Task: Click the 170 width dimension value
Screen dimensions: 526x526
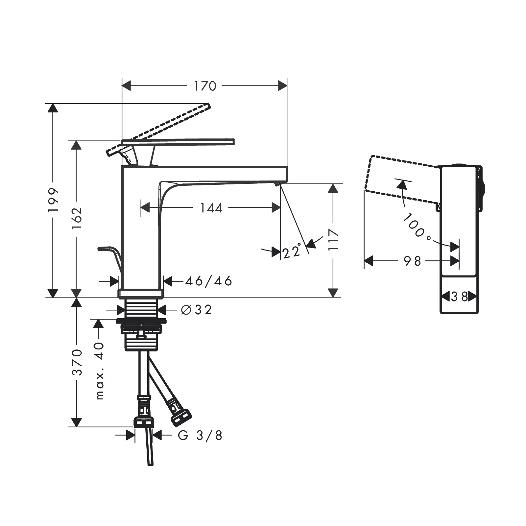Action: point(205,86)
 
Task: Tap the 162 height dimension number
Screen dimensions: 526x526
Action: point(77,218)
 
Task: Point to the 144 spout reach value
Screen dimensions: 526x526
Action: point(211,208)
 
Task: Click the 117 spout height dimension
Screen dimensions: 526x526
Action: point(333,240)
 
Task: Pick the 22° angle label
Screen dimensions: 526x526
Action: point(292,251)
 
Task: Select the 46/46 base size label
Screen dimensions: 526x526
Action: point(209,281)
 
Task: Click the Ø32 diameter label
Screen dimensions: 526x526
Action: point(197,310)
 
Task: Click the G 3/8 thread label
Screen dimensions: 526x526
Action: point(200,436)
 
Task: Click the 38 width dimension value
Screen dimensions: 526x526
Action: point(459,297)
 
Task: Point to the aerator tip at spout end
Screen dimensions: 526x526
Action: point(277,183)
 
